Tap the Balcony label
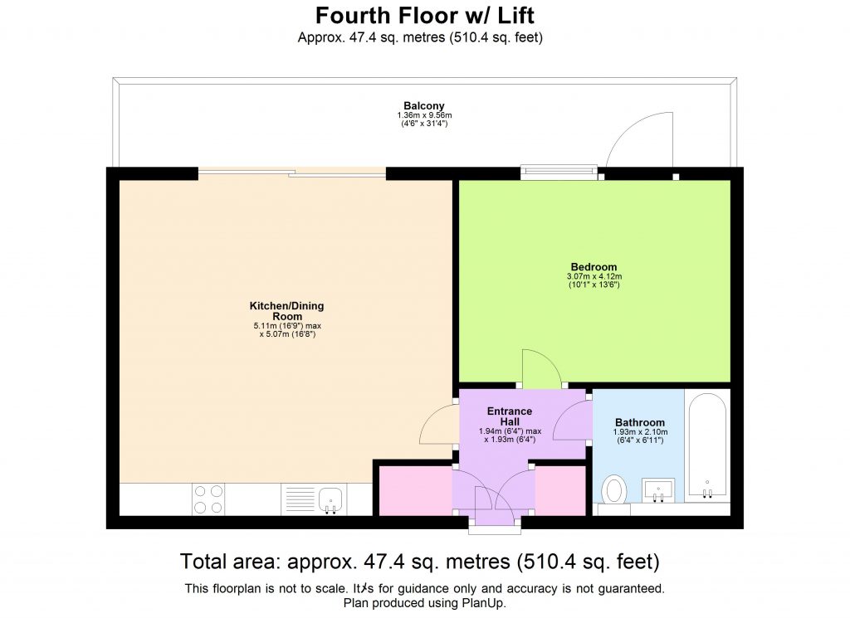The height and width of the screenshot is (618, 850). point(425,105)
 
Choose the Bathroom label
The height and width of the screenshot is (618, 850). point(639,422)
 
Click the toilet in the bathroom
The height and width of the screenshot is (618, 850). point(615,489)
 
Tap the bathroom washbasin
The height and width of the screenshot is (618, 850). point(658,489)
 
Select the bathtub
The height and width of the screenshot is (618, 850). point(706,448)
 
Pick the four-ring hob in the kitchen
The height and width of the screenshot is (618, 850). point(208,499)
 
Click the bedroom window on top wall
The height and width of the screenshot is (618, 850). point(559,173)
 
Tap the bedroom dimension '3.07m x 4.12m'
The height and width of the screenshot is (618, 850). point(594,276)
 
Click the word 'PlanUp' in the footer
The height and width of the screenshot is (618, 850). point(486,603)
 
